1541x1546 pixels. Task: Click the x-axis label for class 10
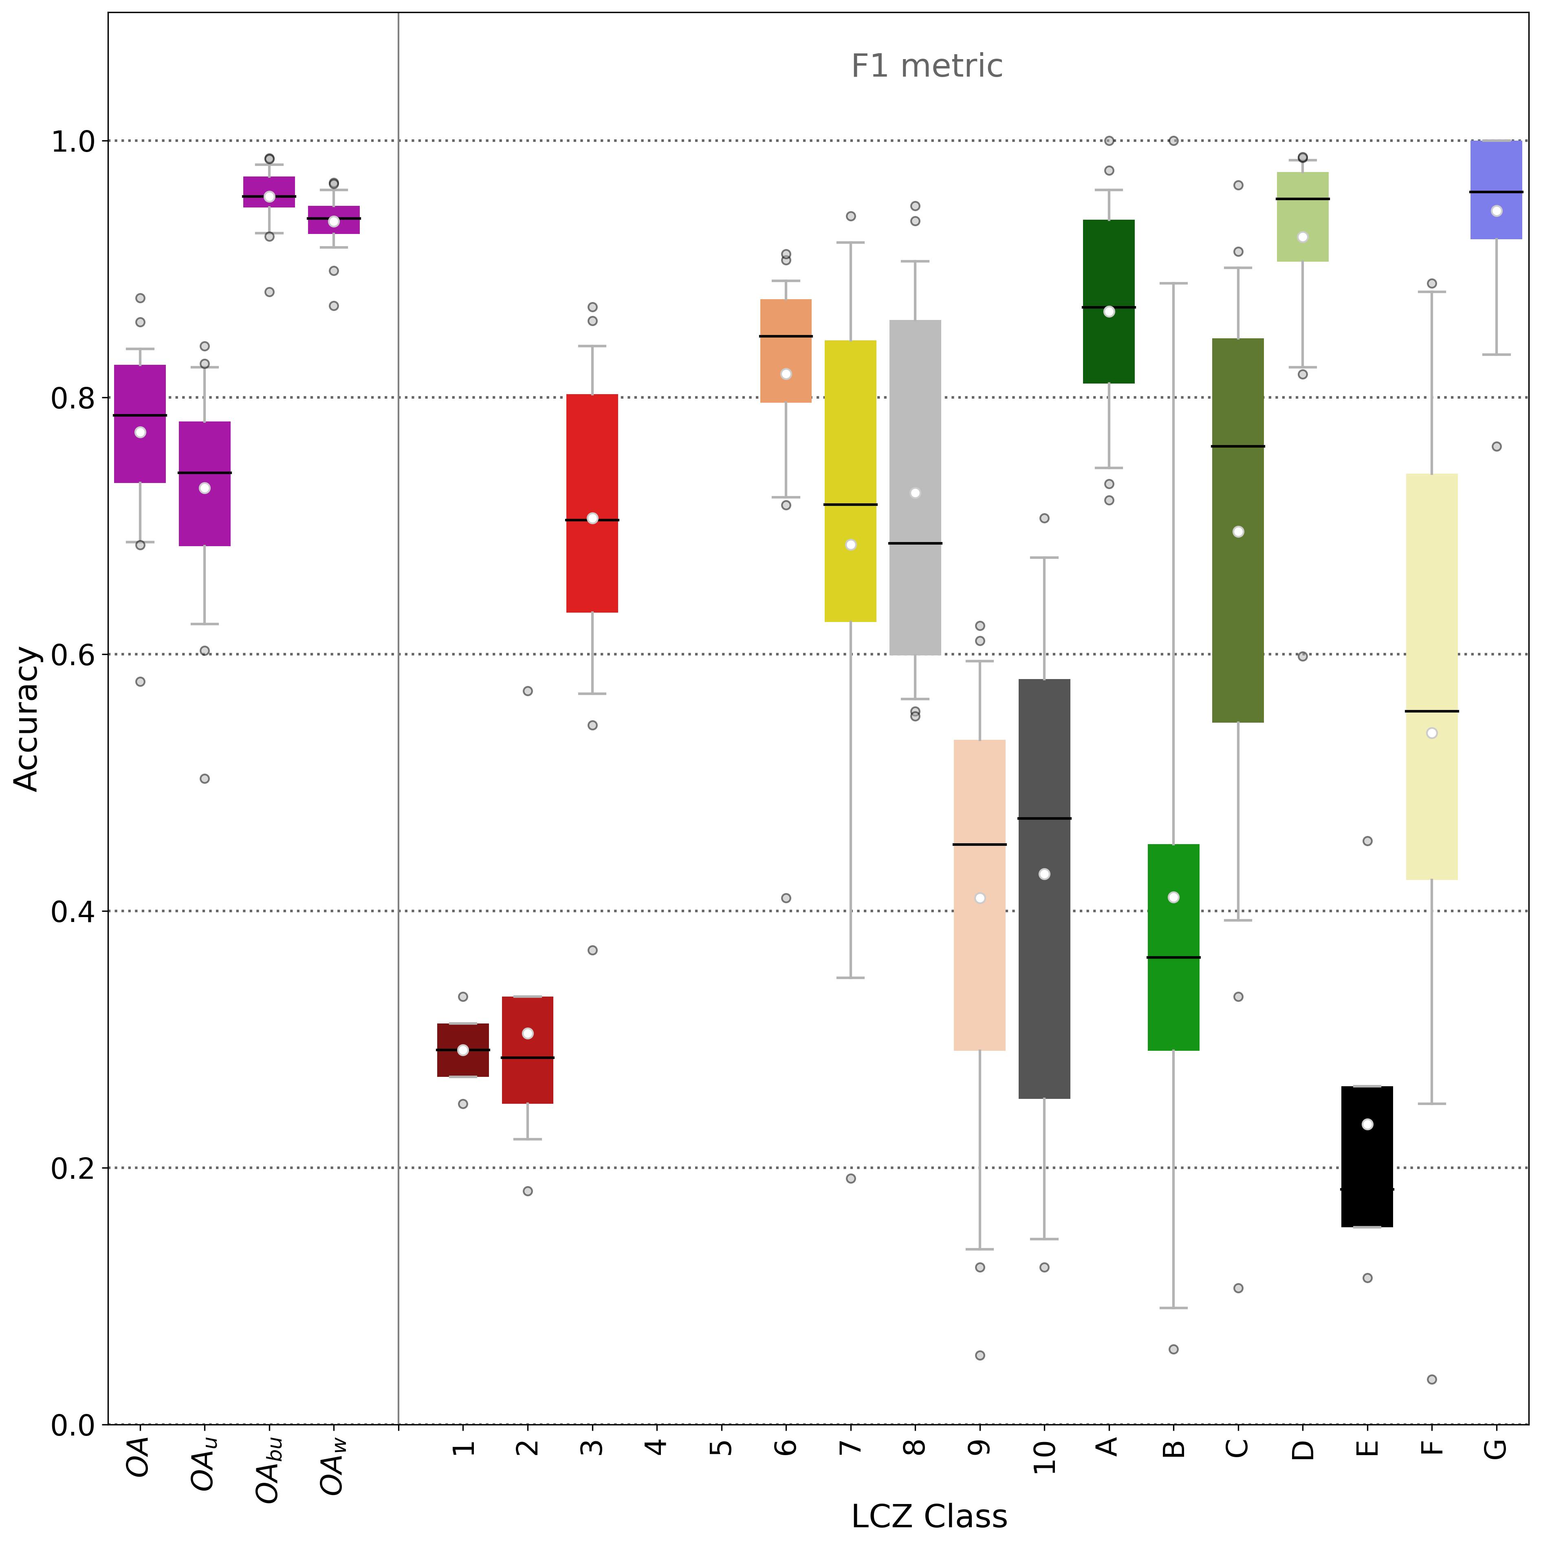click(1044, 1456)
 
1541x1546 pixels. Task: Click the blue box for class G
click(1496, 190)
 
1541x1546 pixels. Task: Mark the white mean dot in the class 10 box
click(1044, 874)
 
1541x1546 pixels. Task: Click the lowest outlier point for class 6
click(786, 898)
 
